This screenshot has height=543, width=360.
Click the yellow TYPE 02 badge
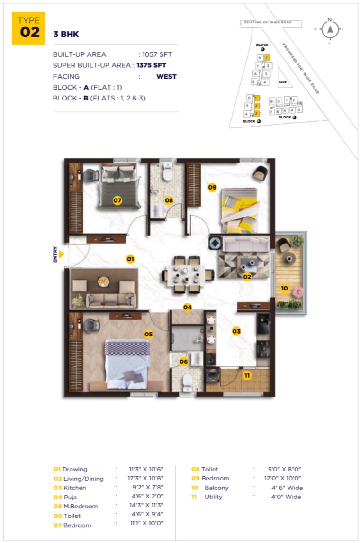tap(28, 28)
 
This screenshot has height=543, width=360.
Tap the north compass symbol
tap(330, 29)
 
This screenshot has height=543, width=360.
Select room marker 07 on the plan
tap(117, 201)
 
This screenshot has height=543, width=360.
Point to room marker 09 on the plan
tap(212, 188)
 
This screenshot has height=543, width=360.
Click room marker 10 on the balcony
tap(284, 288)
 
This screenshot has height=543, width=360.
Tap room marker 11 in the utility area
tap(247, 376)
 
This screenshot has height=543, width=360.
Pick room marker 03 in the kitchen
tap(236, 331)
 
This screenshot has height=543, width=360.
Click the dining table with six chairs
tap(185, 275)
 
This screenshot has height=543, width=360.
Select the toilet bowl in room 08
tap(167, 173)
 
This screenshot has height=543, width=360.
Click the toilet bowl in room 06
tap(188, 380)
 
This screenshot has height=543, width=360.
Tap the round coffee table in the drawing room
tap(104, 282)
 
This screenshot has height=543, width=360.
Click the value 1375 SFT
tap(152, 65)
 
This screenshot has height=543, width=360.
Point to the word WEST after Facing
tap(166, 76)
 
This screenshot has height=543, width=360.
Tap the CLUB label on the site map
tap(283, 81)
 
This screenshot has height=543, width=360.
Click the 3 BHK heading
tap(66, 35)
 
